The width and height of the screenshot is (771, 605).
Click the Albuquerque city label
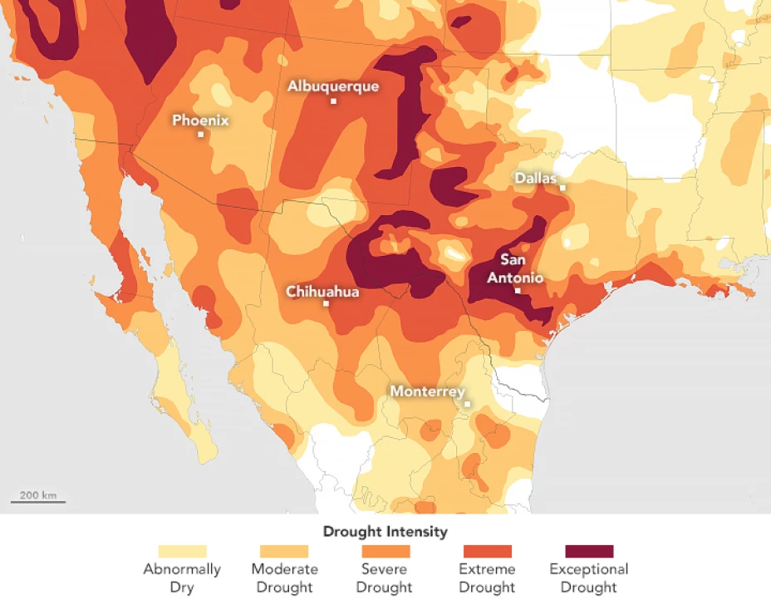pos(333,86)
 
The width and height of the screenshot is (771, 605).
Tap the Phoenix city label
pos(200,121)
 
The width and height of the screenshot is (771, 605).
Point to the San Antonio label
pos(515,268)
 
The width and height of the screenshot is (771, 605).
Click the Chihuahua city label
pos(322,291)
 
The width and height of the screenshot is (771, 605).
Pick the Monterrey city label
pos(427,391)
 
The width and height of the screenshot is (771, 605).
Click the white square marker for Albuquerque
pos(333,101)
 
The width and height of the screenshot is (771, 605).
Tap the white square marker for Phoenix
pos(201,135)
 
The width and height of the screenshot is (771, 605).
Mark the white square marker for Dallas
pos(562,188)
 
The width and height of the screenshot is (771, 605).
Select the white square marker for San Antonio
pos(517,291)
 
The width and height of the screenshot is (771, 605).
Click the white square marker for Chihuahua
pos(327,304)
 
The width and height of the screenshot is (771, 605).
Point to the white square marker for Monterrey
pos(467,405)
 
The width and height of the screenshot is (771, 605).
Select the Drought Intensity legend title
pos(385,531)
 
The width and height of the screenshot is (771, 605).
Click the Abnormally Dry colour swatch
pos(182,551)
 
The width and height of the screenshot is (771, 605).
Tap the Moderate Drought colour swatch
pos(284,551)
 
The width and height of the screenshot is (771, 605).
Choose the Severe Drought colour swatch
pos(386,551)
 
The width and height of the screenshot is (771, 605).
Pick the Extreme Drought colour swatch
pos(488,551)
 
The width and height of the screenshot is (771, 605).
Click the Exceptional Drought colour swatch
pos(589,551)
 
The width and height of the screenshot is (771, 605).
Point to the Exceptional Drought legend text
pos(589,578)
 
